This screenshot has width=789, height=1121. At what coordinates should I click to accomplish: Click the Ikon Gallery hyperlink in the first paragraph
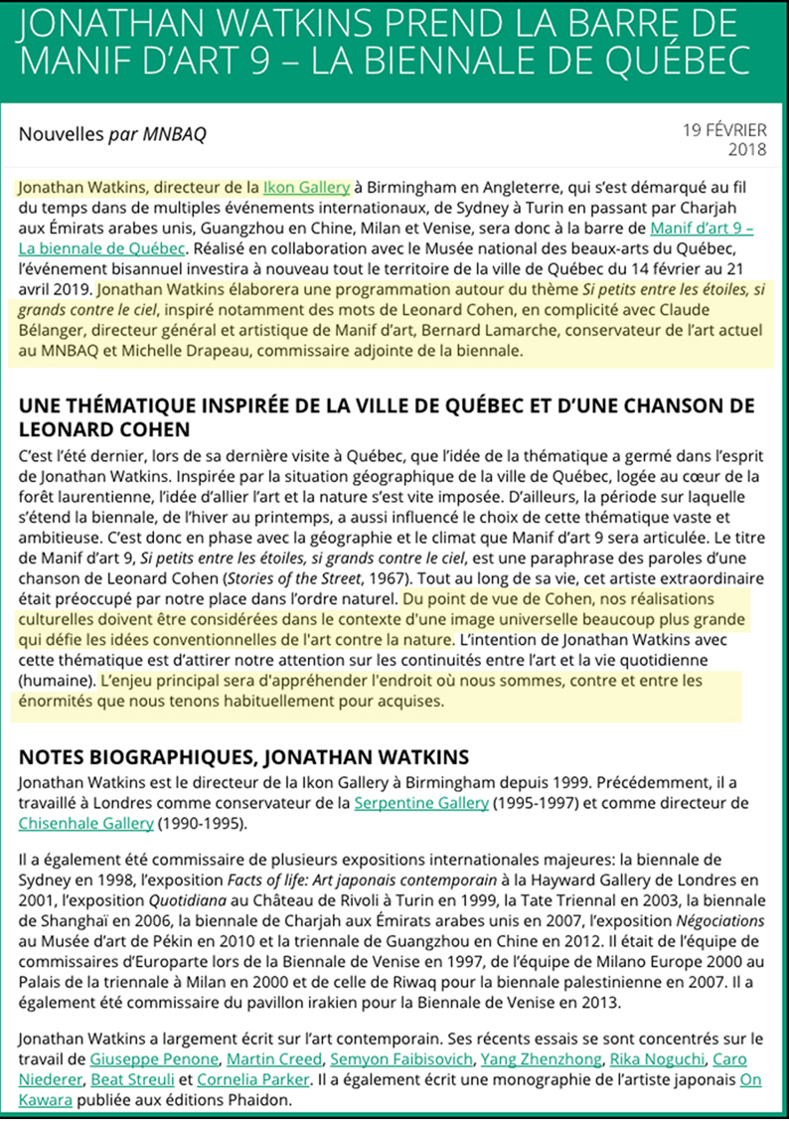306,186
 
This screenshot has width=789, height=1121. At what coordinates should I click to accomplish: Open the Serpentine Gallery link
420,803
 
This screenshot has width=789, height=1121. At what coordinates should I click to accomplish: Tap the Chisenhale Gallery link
85,823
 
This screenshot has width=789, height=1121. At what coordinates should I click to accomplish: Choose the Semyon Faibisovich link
391,1058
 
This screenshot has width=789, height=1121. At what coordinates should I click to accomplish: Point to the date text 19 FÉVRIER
724,130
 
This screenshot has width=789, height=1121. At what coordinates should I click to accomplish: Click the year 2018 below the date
747,150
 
